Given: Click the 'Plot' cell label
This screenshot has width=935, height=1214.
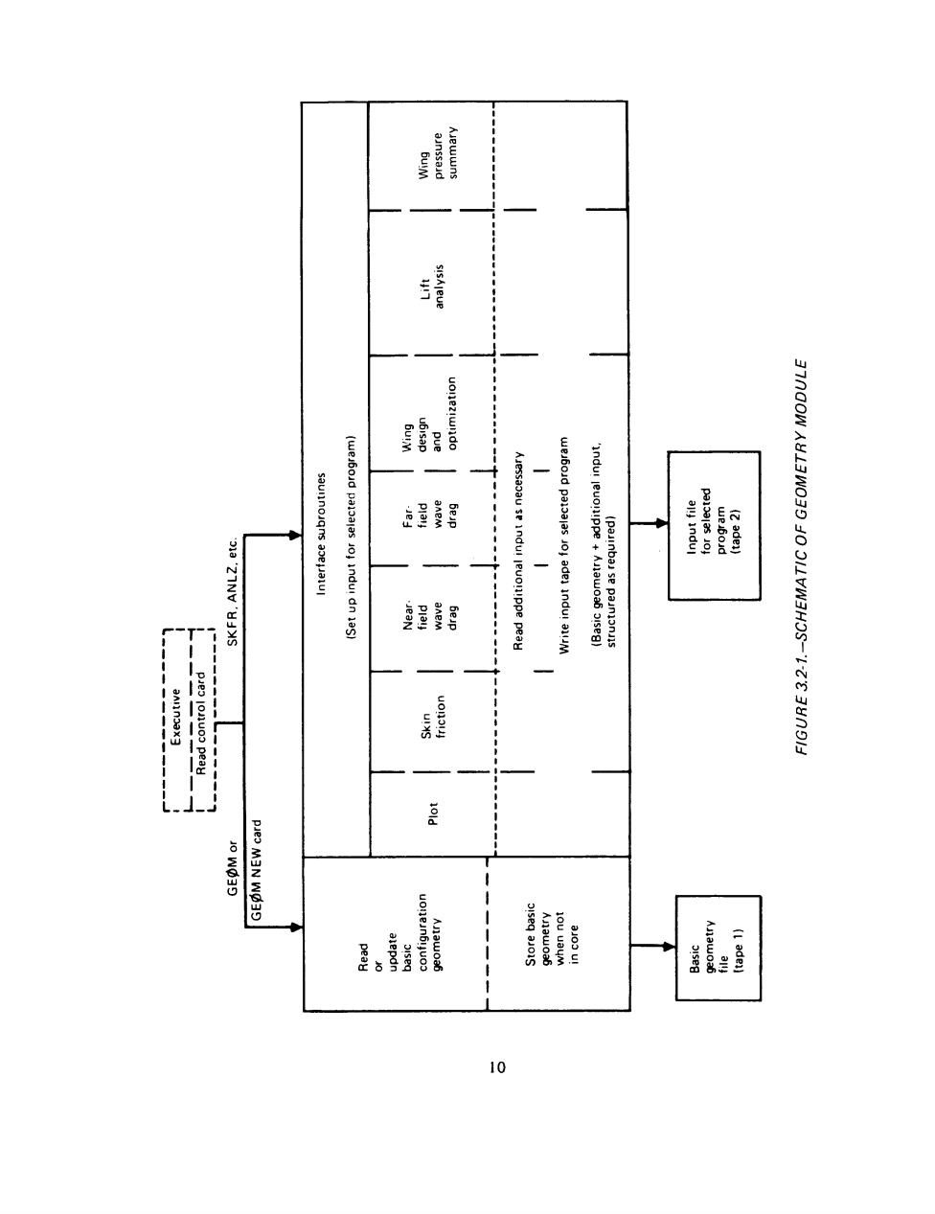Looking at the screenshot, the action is pos(433,814).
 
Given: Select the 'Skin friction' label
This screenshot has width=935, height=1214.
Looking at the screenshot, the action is pos(433,718).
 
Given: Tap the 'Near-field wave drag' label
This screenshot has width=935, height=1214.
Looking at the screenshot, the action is pos(431,616).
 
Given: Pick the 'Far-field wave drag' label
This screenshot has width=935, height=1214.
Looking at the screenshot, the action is pos(431,517).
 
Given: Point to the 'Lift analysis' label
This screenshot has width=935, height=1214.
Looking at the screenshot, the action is pos(432,286).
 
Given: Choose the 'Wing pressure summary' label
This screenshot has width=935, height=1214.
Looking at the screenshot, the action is pos(438,152).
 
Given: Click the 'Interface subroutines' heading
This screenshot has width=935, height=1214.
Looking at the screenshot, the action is pos(321,534).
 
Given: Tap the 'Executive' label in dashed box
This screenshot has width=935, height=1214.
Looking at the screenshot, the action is pos(175,717).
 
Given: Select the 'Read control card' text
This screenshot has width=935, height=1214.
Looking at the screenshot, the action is pos(200,722).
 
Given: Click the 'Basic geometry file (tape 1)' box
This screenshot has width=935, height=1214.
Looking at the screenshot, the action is pos(718,948).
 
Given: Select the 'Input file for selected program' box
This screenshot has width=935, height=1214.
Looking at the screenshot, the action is pos(714,526).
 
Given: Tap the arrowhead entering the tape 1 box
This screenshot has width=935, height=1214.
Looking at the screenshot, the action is pos(669,947).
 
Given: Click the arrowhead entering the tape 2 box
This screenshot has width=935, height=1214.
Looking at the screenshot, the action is pos(662,523).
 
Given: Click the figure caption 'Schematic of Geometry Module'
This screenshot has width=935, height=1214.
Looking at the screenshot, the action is pos(801,558).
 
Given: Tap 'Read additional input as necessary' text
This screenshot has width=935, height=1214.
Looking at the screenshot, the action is pos(518,551).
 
